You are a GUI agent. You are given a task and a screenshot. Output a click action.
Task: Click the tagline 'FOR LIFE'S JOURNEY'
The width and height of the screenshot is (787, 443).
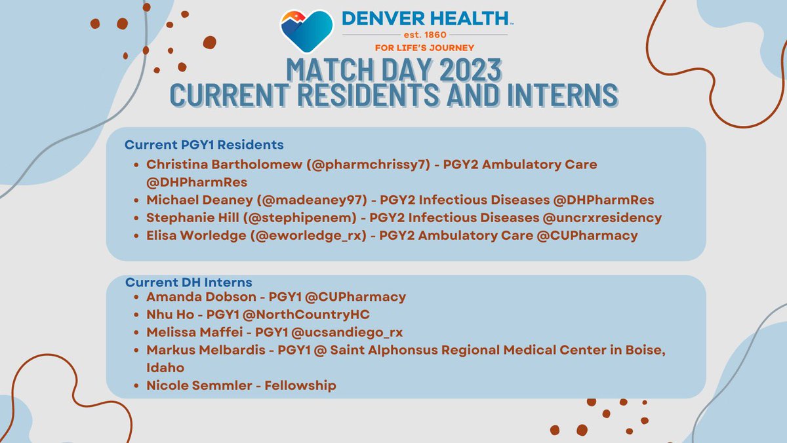424,47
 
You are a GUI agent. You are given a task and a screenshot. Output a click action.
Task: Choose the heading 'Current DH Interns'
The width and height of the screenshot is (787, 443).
189,282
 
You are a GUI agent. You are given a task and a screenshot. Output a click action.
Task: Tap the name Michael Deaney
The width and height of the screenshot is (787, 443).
193,200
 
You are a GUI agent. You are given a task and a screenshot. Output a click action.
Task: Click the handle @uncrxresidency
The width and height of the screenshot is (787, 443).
597,218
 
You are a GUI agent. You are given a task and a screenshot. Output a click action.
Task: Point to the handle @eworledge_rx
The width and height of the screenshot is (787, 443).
319,235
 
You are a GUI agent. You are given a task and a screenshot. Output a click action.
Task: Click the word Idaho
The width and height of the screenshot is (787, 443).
165,368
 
